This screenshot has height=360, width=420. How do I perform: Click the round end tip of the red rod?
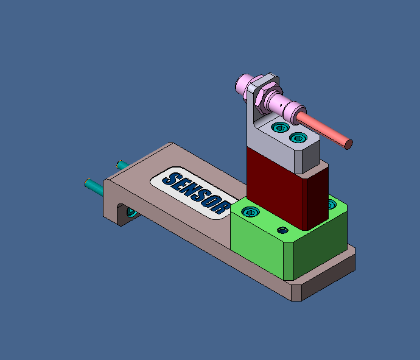(x=348, y=144)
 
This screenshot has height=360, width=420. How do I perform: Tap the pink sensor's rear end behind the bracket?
(x=244, y=80)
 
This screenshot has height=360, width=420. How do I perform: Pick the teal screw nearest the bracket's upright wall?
(x=279, y=127)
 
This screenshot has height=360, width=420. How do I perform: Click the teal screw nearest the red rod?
(x=298, y=138)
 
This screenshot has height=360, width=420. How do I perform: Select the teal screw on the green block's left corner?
(x=250, y=212)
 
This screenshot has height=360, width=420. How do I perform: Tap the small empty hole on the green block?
(x=282, y=230)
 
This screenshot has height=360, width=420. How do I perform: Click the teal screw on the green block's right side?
(x=331, y=203)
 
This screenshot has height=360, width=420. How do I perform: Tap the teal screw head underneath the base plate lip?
(x=131, y=212)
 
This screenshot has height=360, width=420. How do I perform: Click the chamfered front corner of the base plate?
(x=296, y=292)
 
